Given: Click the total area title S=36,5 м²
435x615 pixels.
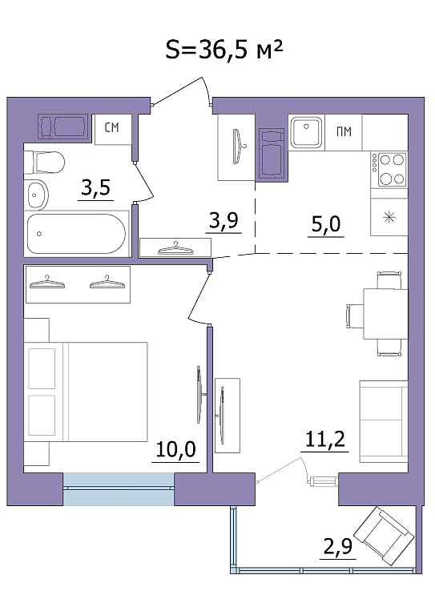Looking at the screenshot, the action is [x=224, y=50].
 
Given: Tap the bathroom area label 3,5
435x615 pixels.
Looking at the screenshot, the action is [x=95, y=187].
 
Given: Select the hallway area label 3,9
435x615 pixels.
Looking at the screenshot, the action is [x=224, y=220].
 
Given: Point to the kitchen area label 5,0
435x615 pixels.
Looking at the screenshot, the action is [x=326, y=224].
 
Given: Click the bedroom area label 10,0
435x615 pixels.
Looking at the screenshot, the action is [x=175, y=449].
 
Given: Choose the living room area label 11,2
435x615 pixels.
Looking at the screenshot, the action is [x=324, y=440].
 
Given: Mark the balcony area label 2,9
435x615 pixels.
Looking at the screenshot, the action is [x=338, y=546].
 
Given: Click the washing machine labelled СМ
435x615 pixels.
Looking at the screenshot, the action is [x=113, y=130].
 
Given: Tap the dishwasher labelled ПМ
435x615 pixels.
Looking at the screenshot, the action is [x=344, y=132].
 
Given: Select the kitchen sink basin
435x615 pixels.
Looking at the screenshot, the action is [x=306, y=132].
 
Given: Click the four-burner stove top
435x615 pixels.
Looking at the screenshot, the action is [x=389, y=169].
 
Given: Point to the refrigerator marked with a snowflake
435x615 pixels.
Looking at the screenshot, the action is [x=389, y=217].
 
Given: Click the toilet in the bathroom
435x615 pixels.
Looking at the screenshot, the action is [x=44, y=162].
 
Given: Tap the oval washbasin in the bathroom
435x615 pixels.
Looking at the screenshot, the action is [x=38, y=195].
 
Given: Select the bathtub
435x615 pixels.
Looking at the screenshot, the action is [x=77, y=234].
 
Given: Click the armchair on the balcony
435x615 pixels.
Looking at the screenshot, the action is [x=384, y=536].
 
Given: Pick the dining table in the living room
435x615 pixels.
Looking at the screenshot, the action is [x=385, y=314].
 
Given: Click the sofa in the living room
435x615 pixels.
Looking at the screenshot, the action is [x=384, y=421].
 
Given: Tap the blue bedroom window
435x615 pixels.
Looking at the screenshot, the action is [x=119, y=488].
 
